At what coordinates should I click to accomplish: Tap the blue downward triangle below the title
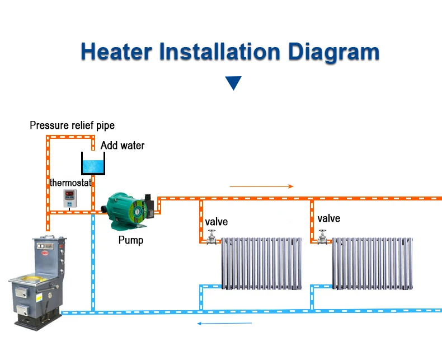233,83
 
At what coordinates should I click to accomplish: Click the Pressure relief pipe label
72,125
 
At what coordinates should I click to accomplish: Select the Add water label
123,146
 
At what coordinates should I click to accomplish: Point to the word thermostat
70,183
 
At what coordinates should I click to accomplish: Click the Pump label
130,240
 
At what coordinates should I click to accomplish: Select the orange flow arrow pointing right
261,186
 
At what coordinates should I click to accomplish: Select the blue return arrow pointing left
225,323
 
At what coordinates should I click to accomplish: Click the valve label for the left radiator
216,222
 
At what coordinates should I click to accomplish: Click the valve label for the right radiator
328,218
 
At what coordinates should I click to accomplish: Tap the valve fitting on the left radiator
211,238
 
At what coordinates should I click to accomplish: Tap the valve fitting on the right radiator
323,237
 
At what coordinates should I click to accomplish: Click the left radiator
262,263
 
